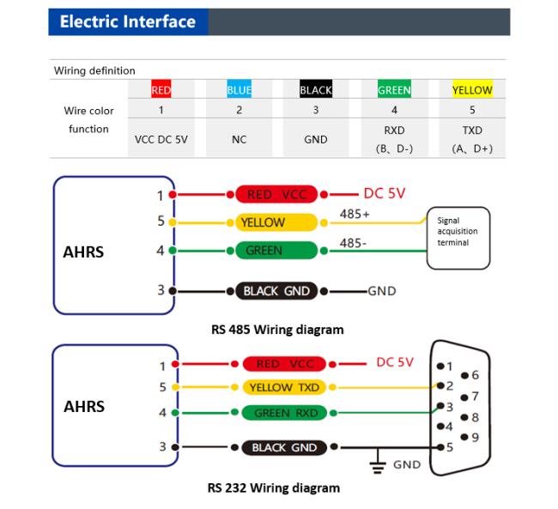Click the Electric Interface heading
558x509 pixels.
pos(128,21)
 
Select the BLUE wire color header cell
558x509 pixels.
pos(240,89)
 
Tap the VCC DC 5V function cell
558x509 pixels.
pos(161,139)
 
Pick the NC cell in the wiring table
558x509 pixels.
pos(240,139)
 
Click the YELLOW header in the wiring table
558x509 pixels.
pos(472,89)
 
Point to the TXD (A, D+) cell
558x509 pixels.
pos(472,139)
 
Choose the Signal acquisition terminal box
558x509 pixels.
pos(458,238)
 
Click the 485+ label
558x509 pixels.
pos(355,214)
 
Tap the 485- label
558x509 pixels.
pos(353,243)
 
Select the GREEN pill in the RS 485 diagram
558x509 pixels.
pos(276,251)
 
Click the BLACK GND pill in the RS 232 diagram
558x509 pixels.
pos(284,447)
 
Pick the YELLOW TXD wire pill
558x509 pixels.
pos(284,387)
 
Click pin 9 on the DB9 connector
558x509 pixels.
pos(464,437)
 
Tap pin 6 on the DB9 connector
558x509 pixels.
pos(464,375)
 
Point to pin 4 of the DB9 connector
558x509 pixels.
pos(440,426)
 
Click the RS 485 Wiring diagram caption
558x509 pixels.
pos(277,330)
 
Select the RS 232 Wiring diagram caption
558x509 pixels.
pos(274,488)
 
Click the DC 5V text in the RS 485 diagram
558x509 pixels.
pos(385,194)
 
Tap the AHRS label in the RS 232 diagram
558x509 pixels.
pos(84,406)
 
